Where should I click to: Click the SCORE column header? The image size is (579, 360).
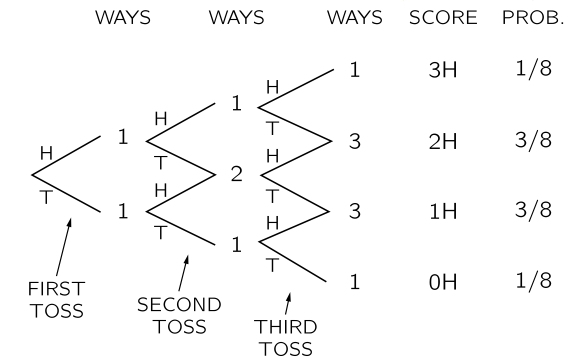tap(439, 18)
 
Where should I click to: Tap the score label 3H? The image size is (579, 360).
tap(441, 72)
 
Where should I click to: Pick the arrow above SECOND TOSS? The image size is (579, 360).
tap(182, 270)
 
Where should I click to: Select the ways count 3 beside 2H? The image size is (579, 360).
tap(354, 141)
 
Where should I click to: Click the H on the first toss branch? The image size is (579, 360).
tap(44, 153)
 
